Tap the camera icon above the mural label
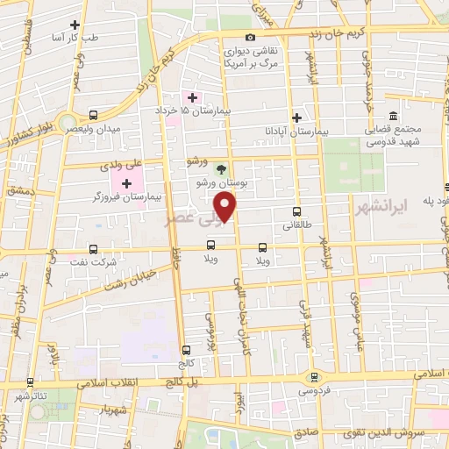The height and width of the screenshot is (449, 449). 251,37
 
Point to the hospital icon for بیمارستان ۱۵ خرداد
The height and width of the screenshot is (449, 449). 187,96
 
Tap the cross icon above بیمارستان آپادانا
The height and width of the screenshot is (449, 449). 297,117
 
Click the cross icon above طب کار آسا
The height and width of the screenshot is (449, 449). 75,25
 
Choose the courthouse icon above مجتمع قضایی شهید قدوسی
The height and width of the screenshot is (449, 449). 392,117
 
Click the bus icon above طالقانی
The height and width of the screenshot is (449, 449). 296,212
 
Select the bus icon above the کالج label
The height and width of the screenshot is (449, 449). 185,350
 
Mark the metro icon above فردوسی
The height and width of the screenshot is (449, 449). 313,377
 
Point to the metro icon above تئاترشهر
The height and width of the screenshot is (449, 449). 31,382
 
